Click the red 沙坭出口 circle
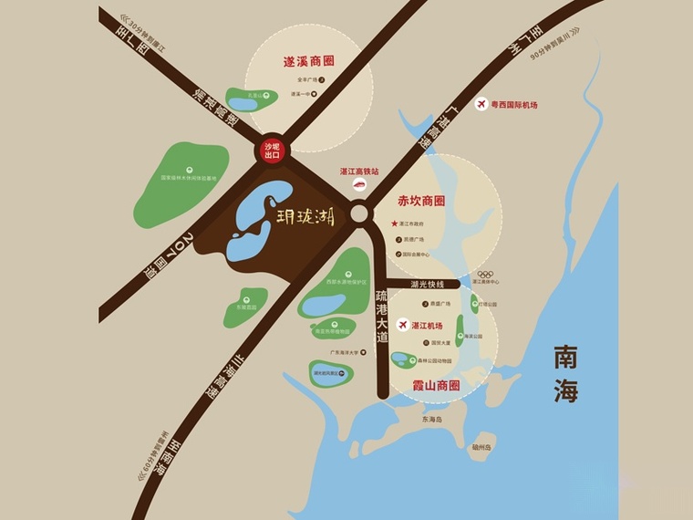click(271, 151)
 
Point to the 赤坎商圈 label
click(421, 200)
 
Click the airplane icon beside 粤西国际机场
click(481, 105)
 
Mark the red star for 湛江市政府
click(395, 224)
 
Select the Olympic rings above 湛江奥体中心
click(485, 274)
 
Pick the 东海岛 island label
click(431, 420)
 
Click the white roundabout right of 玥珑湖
click(359, 214)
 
